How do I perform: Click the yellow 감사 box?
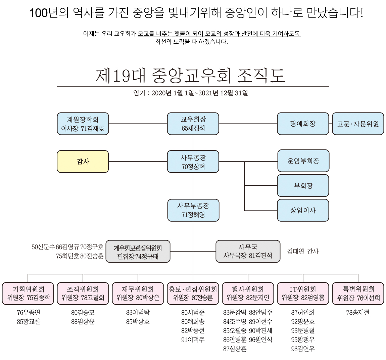point(83,162)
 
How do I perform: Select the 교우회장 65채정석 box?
point(193,124)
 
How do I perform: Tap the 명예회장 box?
point(303,124)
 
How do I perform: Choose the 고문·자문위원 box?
point(358,124)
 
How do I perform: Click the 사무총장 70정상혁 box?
point(193,162)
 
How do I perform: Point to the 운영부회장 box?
point(303,161)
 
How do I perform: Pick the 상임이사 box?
point(303,210)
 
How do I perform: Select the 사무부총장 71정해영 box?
point(193,210)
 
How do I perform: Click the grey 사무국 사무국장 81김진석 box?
point(248,251)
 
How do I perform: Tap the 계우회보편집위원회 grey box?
point(138,251)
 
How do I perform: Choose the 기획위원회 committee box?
point(28,294)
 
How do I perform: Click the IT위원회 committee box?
point(303,294)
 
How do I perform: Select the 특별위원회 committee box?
point(358,294)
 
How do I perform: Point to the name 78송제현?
point(358,313)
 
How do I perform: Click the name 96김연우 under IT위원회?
point(303,349)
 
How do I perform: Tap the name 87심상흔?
point(235,349)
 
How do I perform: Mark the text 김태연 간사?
point(303,251)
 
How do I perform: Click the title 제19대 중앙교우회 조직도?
point(191,76)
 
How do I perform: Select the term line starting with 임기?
point(191,93)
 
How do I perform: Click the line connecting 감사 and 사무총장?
point(138,162)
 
